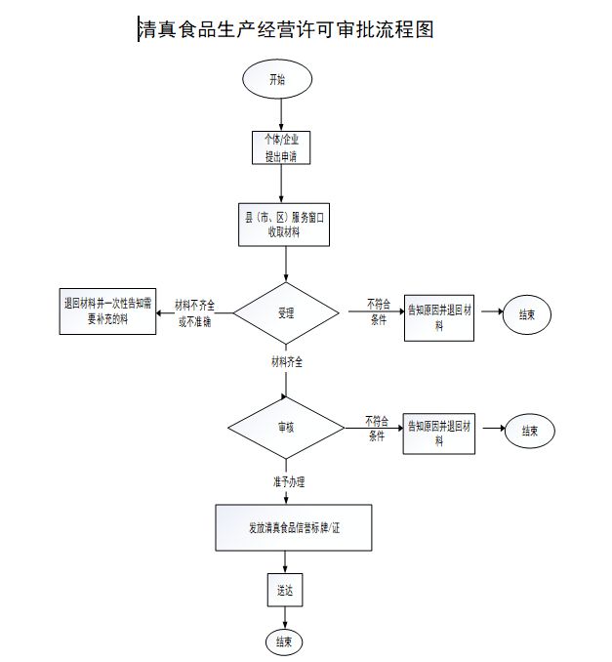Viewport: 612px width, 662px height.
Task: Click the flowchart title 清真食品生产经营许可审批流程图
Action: tap(287, 30)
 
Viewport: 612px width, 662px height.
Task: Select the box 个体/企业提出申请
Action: tap(281, 147)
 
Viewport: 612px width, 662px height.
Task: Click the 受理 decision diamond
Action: tap(286, 313)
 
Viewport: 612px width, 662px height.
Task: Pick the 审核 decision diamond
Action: tap(285, 428)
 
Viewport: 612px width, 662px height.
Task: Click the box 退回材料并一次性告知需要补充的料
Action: tap(107, 310)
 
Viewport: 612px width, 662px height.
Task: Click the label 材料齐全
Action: tap(287, 361)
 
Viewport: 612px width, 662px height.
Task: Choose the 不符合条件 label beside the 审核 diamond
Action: tap(377, 429)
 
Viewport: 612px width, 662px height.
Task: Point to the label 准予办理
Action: tap(288, 481)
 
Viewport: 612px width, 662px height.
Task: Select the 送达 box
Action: tap(284, 591)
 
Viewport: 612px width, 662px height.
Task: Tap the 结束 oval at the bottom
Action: tap(284, 641)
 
